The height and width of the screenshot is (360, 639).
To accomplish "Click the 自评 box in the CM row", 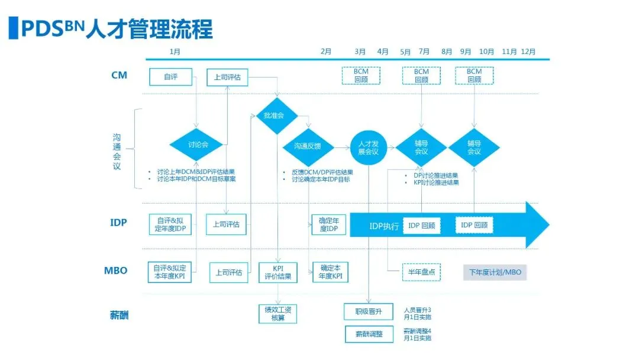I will (170, 76).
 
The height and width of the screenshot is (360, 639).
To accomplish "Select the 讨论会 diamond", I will (198, 144).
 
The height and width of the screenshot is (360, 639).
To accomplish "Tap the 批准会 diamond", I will (274, 115).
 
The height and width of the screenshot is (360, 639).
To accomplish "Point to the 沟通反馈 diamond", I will (308, 146).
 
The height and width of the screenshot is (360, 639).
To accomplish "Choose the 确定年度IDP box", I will (328, 224).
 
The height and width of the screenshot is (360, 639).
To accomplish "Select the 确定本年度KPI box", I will (330, 272).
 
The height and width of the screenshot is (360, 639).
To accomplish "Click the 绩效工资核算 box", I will (277, 313).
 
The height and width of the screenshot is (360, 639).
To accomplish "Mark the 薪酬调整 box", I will (369, 334).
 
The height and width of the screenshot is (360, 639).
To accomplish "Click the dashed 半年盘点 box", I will (421, 272).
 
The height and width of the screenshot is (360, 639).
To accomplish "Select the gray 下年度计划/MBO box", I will (495, 272).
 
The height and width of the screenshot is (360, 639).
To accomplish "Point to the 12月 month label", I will (528, 52).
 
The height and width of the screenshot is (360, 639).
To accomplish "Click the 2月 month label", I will (326, 52).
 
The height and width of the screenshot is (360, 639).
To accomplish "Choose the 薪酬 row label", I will (120, 314).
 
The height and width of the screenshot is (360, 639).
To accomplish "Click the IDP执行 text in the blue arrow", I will (384, 226).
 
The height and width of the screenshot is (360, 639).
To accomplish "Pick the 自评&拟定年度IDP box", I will (170, 224).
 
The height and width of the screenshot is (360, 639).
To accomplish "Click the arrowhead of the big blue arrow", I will (536, 225).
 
